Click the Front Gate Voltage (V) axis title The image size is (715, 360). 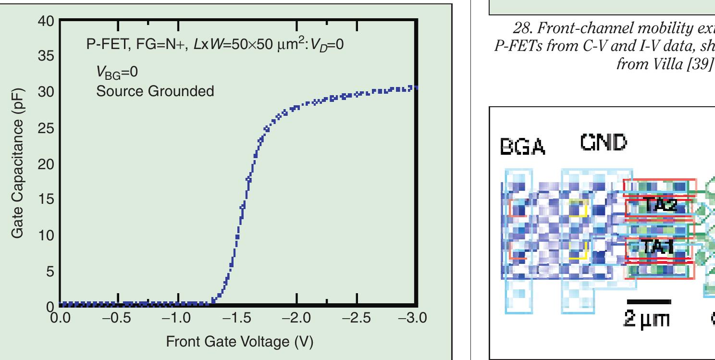click(239, 342)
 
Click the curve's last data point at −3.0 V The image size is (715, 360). click(415, 87)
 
